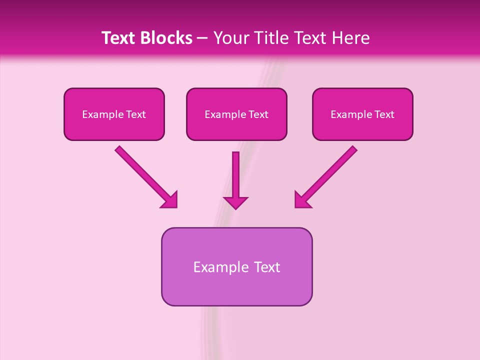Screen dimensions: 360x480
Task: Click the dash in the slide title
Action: pos(202,38)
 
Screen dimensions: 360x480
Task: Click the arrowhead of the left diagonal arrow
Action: pos(169,200)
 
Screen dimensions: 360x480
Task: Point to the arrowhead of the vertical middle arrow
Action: pos(235,202)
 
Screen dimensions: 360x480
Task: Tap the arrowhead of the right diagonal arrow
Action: pos(302,200)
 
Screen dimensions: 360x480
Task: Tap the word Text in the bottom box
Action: pos(267,267)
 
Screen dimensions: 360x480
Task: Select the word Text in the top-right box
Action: pos(383,114)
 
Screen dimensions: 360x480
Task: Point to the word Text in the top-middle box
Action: pos(257,114)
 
